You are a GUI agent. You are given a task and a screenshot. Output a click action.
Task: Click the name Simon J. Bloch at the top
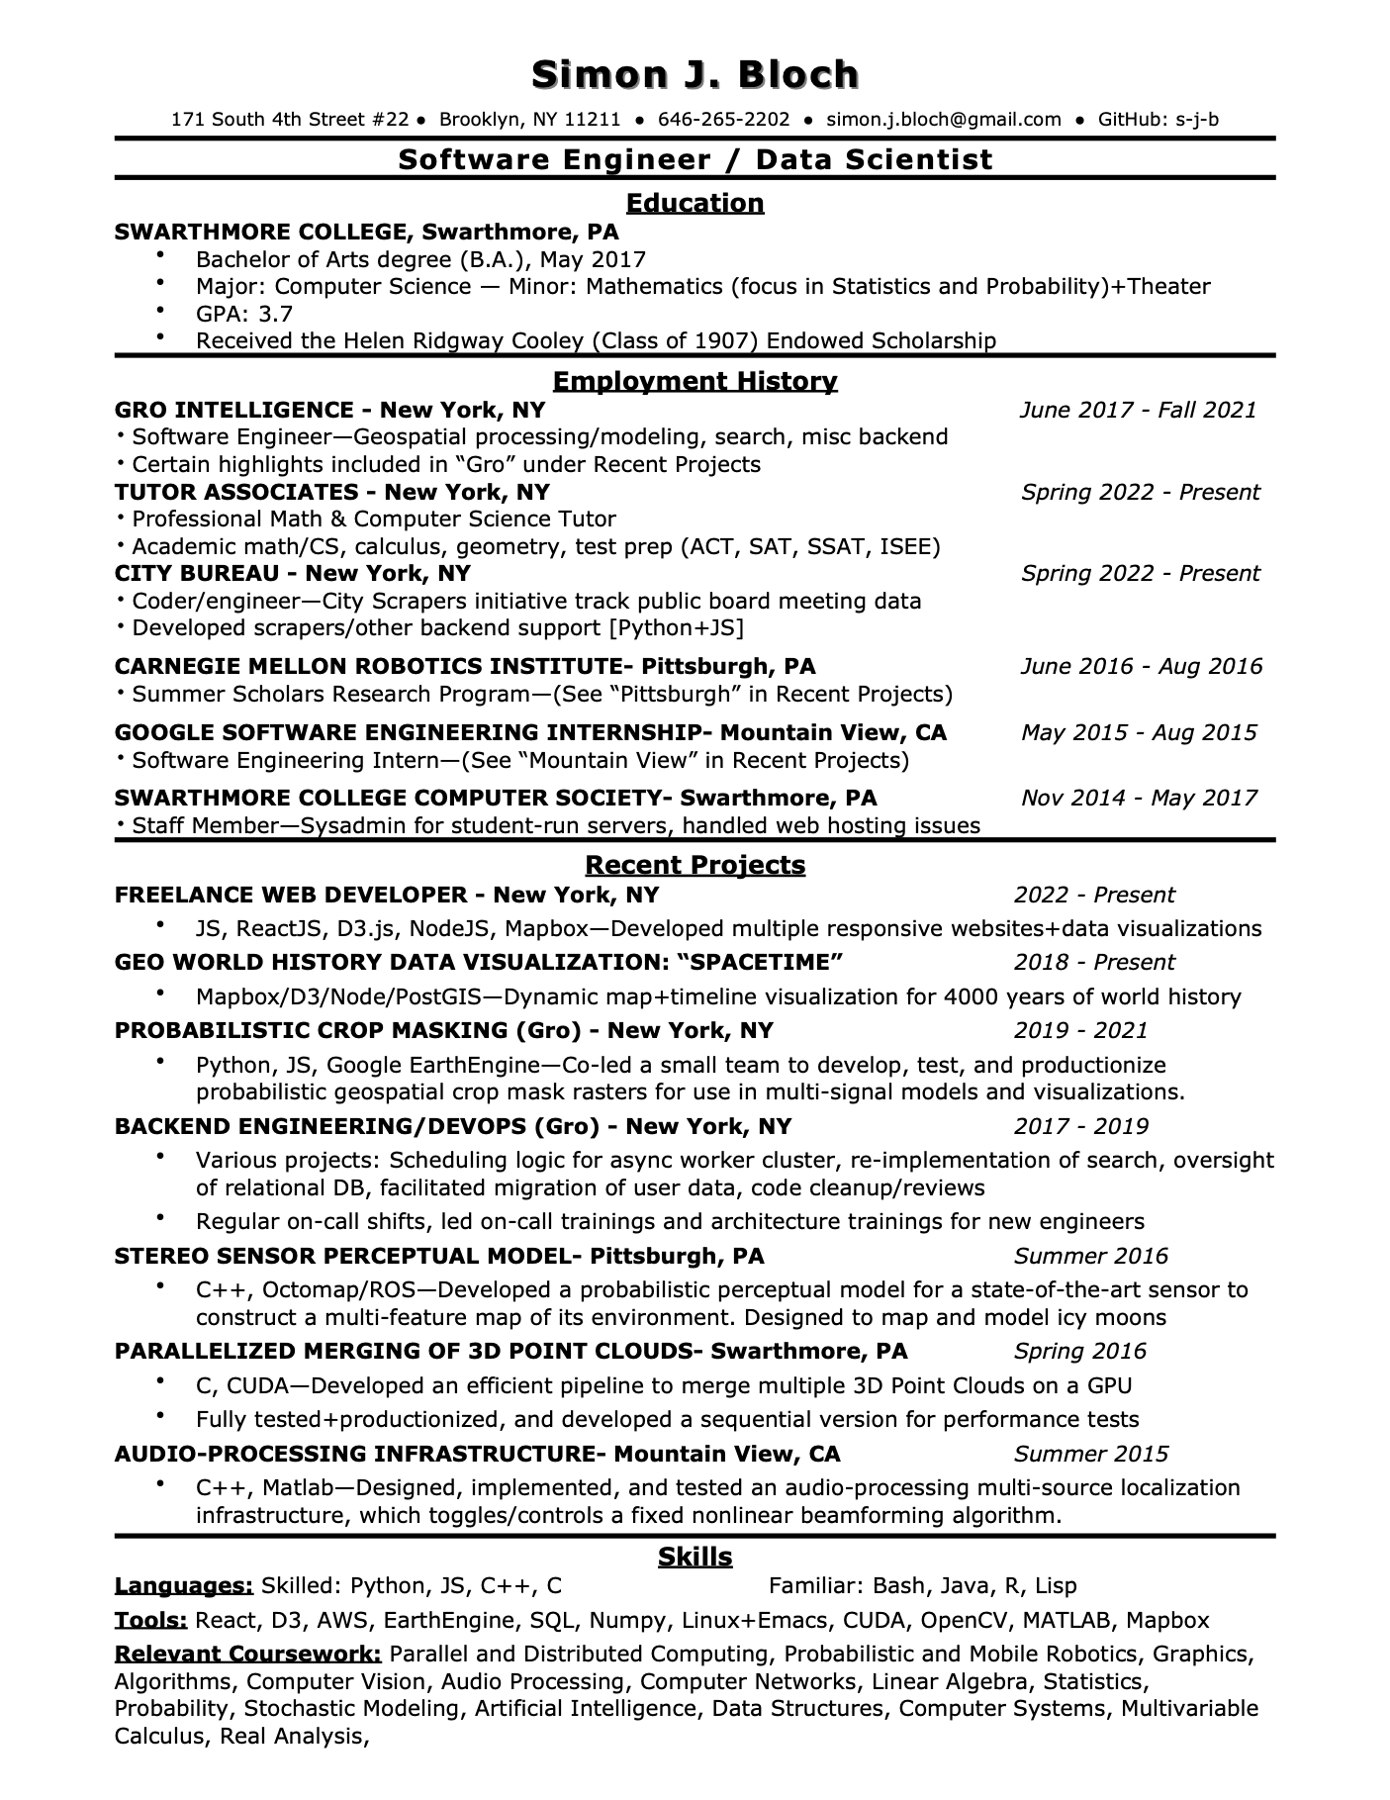click(695, 75)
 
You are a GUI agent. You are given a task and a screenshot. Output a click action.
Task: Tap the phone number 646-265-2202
click(723, 120)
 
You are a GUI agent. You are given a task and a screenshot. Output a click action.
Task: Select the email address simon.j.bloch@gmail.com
click(943, 120)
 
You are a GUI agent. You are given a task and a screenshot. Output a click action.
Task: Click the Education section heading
click(695, 203)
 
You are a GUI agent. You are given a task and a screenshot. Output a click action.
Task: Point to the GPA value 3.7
click(275, 314)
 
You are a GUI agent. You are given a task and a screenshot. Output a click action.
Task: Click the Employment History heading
click(695, 381)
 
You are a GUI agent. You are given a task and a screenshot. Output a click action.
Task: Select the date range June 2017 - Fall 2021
click(1138, 410)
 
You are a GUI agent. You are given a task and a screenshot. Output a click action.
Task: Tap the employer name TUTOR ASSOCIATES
click(236, 492)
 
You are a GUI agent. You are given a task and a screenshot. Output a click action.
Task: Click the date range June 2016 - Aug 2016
click(1141, 666)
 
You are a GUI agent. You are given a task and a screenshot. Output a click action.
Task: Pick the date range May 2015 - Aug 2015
click(1139, 732)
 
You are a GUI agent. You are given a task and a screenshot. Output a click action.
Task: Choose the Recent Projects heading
click(695, 865)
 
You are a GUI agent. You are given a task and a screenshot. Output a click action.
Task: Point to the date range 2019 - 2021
click(1080, 1030)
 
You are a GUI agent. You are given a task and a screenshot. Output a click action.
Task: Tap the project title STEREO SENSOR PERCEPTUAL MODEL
click(342, 1256)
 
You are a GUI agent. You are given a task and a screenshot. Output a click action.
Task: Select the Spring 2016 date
click(1079, 1351)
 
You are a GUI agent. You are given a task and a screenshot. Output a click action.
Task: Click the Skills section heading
click(695, 1557)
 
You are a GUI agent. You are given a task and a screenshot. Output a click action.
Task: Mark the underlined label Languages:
click(184, 1586)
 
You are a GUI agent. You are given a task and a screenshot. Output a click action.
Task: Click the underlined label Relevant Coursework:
click(248, 1654)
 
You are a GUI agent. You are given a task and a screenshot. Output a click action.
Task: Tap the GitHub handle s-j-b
click(1197, 120)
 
